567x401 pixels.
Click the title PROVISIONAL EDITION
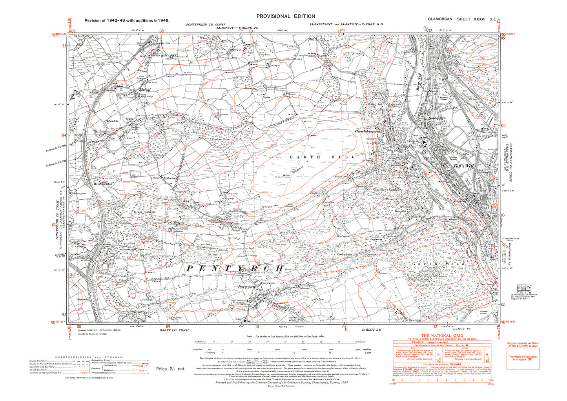(285, 16)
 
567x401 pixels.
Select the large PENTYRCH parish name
(235, 268)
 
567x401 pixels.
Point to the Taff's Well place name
(463, 166)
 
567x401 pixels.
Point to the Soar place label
(187, 200)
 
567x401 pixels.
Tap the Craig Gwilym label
(144, 212)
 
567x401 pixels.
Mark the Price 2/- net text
(170, 369)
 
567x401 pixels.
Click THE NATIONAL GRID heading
(441, 336)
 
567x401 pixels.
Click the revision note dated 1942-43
(127, 20)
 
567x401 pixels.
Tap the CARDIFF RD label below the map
(370, 330)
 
